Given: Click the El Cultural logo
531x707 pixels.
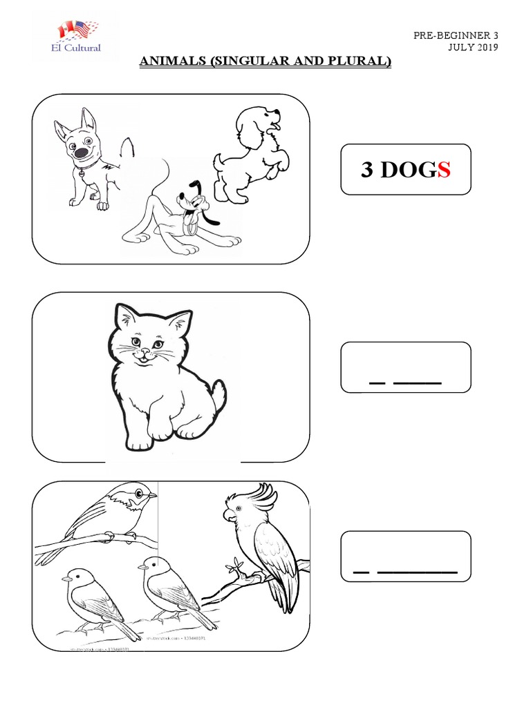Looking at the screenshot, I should point(78,36).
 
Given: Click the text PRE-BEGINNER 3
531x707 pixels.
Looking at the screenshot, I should point(455,35).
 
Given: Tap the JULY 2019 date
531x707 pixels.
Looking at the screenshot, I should point(472,48).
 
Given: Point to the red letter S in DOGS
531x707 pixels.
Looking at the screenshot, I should point(443,171).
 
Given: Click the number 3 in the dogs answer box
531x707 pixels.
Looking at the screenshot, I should point(367,171).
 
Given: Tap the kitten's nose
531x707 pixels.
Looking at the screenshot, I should point(145,352).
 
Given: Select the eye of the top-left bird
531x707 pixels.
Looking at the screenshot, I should point(140,493).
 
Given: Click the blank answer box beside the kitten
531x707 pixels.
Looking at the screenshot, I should point(406,368).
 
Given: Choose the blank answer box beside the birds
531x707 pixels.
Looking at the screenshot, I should point(406,556).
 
